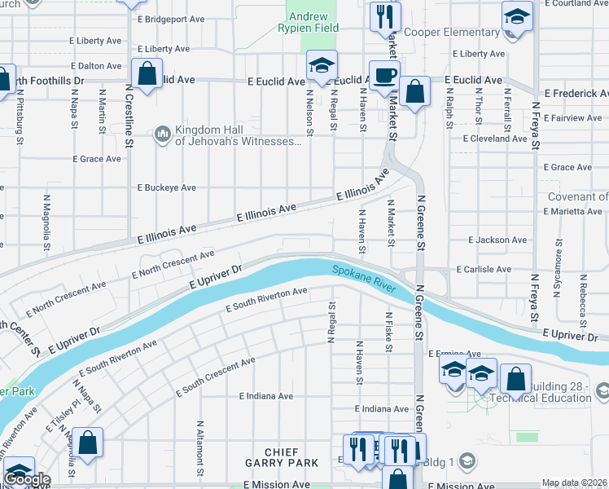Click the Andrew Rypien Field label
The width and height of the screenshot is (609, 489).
[x=309, y=23]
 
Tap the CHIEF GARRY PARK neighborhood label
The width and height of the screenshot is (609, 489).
[x=281, y=457]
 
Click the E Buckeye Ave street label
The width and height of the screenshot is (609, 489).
[x=166, y=187]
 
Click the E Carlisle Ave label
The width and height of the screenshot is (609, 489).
[x=484, y=269]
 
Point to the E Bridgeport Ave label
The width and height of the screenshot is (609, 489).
[x=171, y=19]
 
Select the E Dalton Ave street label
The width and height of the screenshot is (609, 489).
[x=97, y=65]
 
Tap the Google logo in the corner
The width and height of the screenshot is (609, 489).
[x=26, y=479]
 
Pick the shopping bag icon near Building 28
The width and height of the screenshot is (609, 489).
[x=515, y=379]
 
